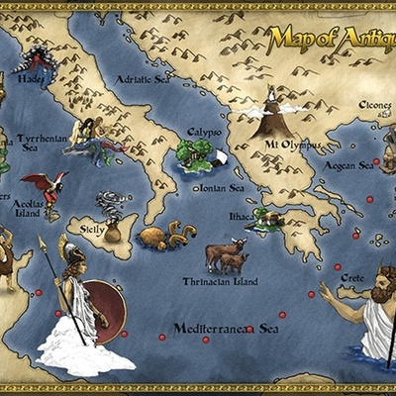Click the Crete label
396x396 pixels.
[x=351, y=279]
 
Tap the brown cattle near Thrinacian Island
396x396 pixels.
[x=227, y=255]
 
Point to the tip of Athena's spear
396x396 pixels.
[x=41, y=239]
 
